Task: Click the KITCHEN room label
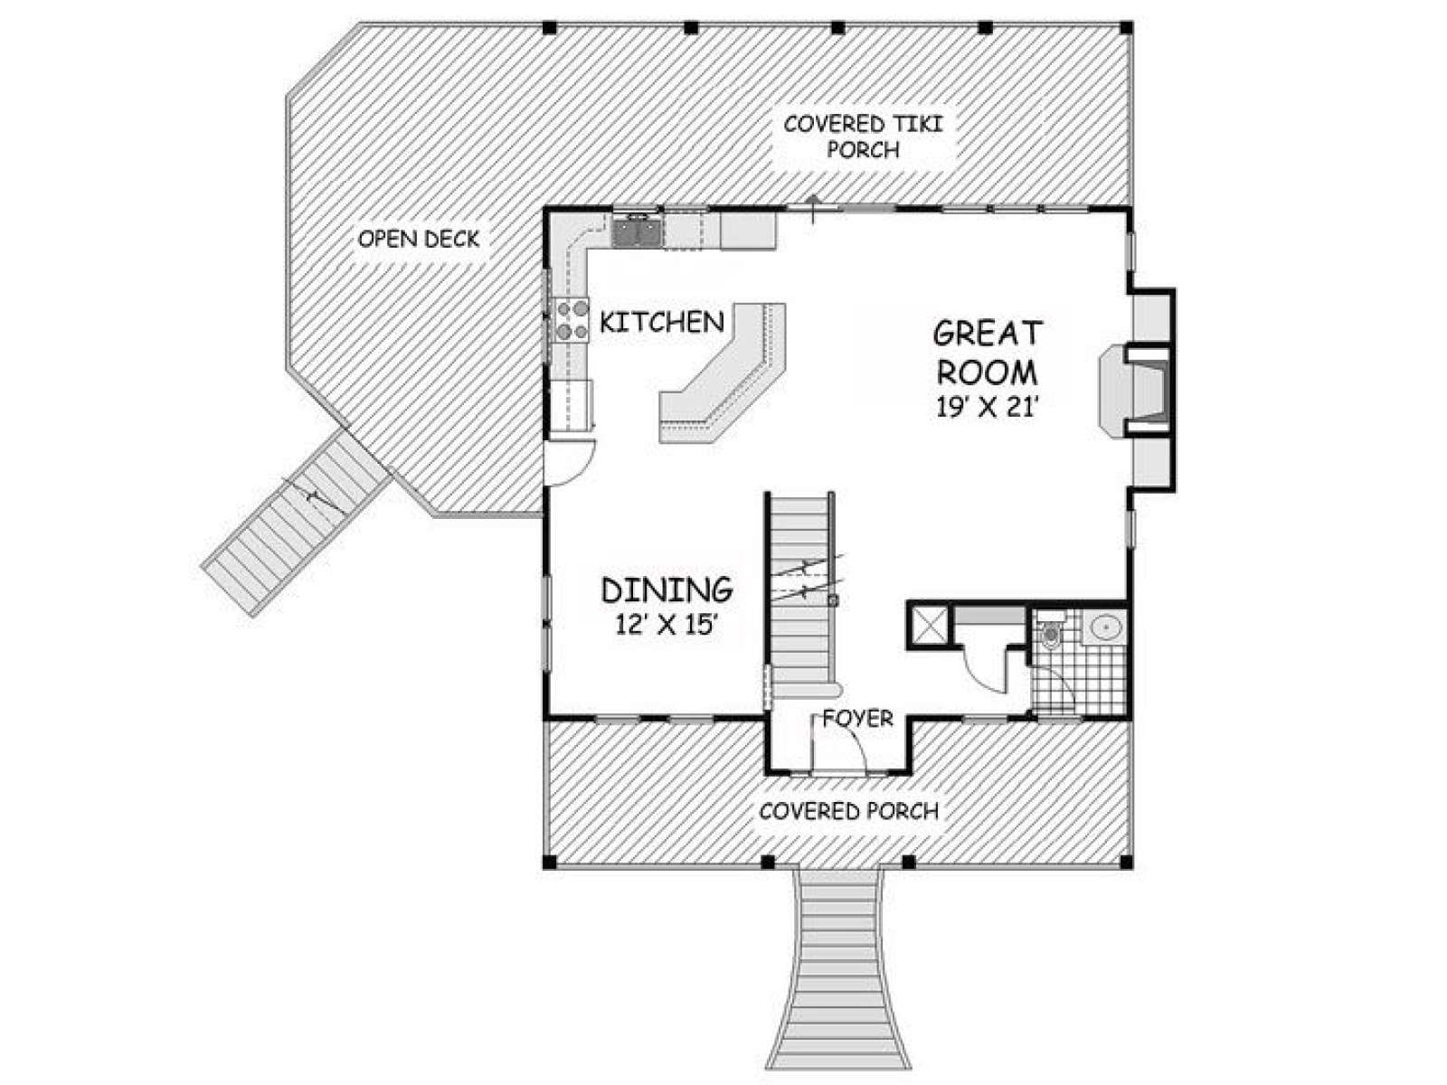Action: coord(662,322)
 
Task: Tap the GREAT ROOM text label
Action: coord(987,353)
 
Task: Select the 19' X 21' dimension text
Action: coord(988,407)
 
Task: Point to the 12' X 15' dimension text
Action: coord(666,623)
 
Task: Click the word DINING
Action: coord(667,590)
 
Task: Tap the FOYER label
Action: coord(857,718)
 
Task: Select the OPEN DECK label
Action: coord(419,239)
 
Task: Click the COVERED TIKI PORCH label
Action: coord(864,137)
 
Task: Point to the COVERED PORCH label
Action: coord(849,811)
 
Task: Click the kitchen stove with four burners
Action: coord(571,319)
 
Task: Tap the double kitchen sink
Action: coord(637,231)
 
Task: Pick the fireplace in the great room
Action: coord(1136,390)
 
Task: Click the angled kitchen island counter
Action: coord(722,373)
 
